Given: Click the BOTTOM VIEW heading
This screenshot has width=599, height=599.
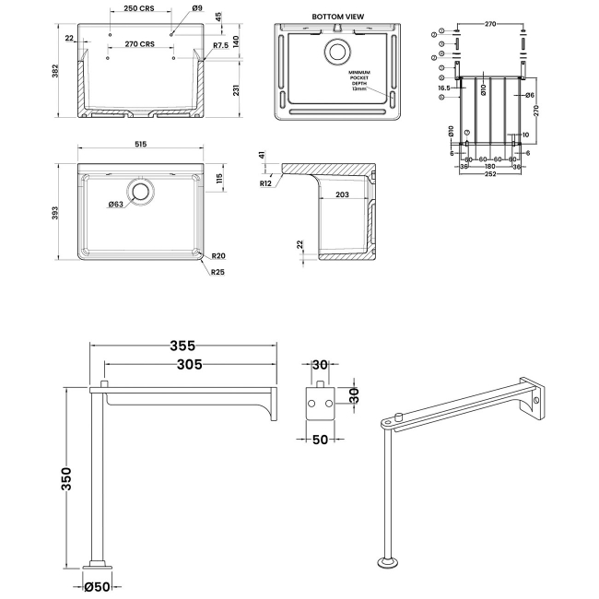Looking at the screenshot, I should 337,17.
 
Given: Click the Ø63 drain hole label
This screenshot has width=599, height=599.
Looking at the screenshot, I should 116,204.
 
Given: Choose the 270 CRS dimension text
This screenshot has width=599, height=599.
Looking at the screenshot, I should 139,44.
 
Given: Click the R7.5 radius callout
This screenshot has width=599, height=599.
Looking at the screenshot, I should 220,45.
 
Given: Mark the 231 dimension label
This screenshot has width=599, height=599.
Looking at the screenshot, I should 237,88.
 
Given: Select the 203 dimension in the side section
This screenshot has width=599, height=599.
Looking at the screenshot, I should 342,194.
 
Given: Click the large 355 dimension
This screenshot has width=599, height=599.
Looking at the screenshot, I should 182,346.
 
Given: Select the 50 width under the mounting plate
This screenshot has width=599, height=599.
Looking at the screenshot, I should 322,440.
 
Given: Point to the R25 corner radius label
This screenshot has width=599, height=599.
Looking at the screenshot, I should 217,273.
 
